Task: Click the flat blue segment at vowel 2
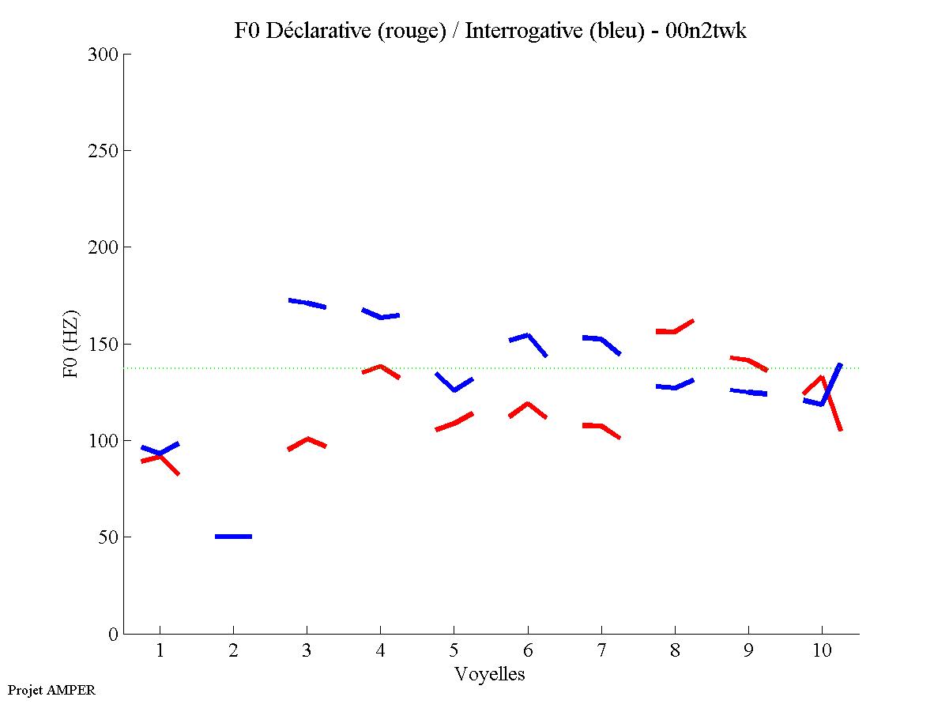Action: pyautogui.click(x=233, y=537)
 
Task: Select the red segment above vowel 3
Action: pyautogui.click(x=307, y=441)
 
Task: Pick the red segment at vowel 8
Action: pyautogui.click(x=674, y=330)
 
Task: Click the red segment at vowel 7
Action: pyautogui.click(x=601, y=427)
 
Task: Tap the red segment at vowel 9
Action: pyautogui.click(x=748, y=360)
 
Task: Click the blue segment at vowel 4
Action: pyautogui.click(x=381, y=316)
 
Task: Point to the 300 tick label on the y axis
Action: pyautogui.click(x=106, y=55)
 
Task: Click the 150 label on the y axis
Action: pyautogui.click(x=106, y=345)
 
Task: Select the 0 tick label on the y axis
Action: pyautogui.click(x=114, y=634)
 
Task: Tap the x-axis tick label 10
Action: pyautogui.click(x=822, y=652)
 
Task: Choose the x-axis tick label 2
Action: pyautogui.click(x=233, y=652)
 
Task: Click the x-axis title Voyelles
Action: pyautogui.click(x=490, y=674)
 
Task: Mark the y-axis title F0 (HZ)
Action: pyautogui.click(x=71, y=344)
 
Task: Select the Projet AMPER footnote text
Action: pyautogui.click(x=51, y=690)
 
